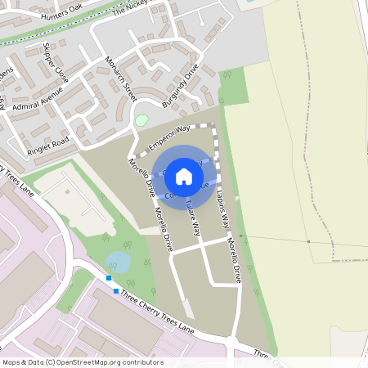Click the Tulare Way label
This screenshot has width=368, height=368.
point(193,218)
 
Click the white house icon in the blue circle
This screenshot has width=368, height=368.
point(184,176)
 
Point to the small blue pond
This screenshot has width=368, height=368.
point(117,262)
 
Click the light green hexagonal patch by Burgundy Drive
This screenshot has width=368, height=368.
point(141,121)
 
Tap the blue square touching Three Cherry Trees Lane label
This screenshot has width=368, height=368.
point(116,291)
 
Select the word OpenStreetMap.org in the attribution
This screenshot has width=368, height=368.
point(91,361)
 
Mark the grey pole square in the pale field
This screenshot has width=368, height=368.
point(308,242)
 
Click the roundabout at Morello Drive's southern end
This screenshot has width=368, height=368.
point(236,342)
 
